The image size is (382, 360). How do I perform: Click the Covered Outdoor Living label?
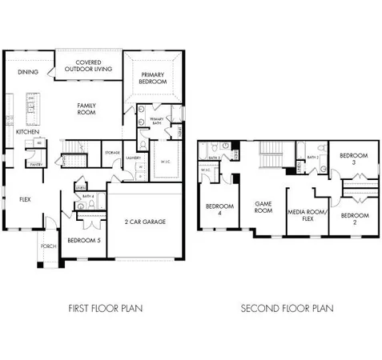[x=88, y=66]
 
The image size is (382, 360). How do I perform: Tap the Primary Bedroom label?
[x=153, y=78]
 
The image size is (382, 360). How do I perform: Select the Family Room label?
[x=86, y=109]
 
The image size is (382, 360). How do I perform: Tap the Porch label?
[x=49, y=246]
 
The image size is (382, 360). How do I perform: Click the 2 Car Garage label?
[x=145, y=222]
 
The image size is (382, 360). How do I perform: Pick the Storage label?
[x=111, y=151]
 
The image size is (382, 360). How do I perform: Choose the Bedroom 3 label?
[x=352, y=159]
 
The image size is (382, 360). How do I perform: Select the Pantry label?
[x=36, y=163]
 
